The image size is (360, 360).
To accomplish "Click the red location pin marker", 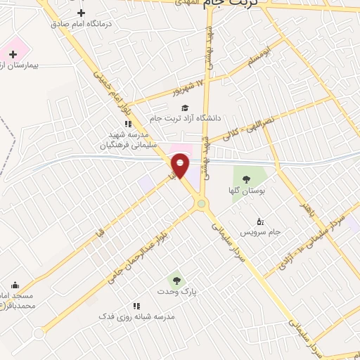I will [180, 165].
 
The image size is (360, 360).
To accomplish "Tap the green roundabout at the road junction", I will [202, 204].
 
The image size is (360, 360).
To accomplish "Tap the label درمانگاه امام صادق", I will [81, 24].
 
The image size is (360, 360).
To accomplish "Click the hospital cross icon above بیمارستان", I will [13, 54].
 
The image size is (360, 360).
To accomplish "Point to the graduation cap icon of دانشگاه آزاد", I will [184, 108].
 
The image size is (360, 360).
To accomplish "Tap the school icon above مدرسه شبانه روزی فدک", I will [136, 306].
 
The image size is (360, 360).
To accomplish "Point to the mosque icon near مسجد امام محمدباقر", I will [15, 285].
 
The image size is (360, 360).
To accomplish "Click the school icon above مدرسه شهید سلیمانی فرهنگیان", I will [128, 124].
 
